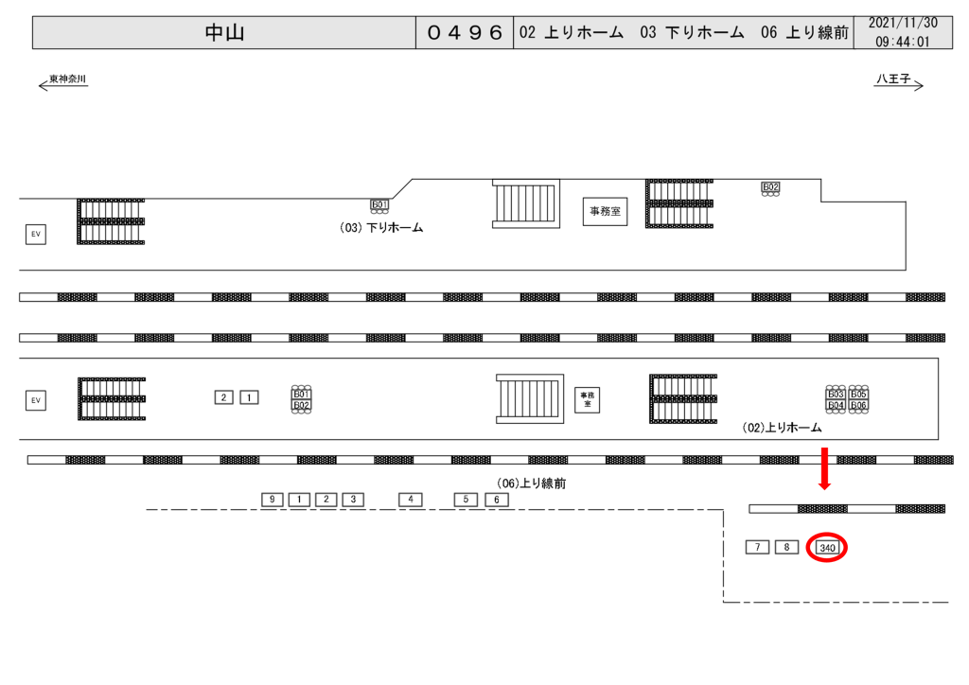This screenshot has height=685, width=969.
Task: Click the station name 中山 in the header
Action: tap(224, 33)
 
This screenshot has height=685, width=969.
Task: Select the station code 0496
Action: tap(465, 33)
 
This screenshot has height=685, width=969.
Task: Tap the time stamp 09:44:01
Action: tap(902, 43)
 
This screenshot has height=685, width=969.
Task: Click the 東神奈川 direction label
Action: tap(67, 79)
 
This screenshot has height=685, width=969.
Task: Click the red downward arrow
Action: tap(824, 468)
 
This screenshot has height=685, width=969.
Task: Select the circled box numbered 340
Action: tap(827, 548)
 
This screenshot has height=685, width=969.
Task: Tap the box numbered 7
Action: tap(757, 547)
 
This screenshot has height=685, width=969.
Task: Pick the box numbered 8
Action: tap(786, 547)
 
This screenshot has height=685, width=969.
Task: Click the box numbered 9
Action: tap(272, 499)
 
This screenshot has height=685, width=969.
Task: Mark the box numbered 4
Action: tap(410, 499)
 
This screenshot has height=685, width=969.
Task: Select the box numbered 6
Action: tap(497, 499)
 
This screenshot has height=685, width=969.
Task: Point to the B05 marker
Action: tap(858, 394)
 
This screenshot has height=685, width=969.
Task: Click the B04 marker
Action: tap(836, 405)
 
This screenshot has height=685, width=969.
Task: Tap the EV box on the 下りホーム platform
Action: tap(36, 234)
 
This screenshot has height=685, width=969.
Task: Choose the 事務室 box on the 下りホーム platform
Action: tap(606, 211)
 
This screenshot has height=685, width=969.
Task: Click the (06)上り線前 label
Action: tap(531, 483)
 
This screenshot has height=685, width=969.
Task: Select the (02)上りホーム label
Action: tap(783, 428)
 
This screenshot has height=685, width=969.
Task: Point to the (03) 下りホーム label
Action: tap(380, 228)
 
